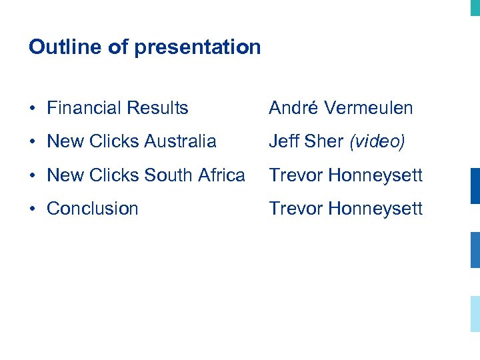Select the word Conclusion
[93, 208]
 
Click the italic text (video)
[377, 141]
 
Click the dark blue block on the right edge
[475, 185]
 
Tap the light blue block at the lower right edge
[475, 313]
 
